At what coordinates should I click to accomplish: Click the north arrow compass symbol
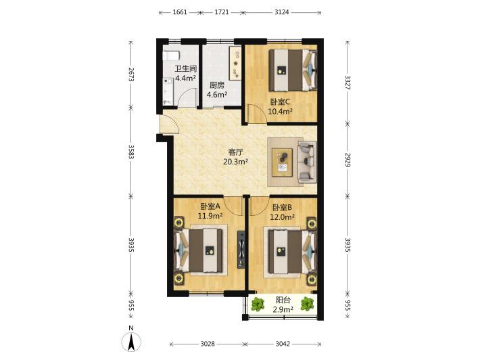131,342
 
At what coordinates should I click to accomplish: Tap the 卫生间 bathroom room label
185,68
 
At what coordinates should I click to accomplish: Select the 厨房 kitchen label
217,85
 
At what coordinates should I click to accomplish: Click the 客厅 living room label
235,152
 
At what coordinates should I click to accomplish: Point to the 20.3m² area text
235,162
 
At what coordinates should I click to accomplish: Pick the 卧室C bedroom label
280,102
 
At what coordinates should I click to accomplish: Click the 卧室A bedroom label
210,206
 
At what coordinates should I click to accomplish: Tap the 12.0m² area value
282,217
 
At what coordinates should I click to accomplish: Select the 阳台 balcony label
283,300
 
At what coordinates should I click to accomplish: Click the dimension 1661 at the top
180,12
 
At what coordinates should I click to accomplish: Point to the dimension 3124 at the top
282,12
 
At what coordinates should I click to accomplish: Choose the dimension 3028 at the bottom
208,344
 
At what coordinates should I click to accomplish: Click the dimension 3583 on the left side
131,152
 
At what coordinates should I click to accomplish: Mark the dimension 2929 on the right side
347,160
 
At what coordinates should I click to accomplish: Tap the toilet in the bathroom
170,56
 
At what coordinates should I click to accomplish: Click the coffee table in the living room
282,162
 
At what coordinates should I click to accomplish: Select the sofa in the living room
307,162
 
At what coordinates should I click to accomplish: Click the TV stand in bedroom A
241,249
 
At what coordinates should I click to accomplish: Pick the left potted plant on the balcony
258,305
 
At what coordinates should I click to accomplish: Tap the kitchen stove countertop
236,64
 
